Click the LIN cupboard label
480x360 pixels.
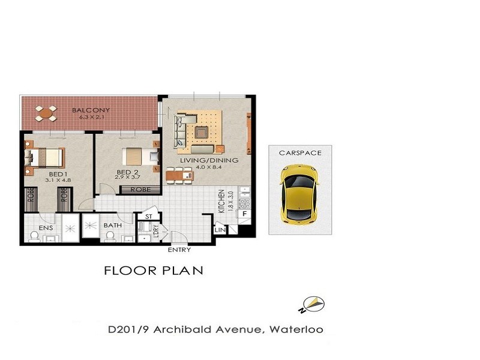(220, 230)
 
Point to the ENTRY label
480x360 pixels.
(179, 250)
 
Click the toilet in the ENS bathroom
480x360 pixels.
(35, 237)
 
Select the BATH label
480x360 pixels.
(113, 226)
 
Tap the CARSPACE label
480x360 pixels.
(300, 153)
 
